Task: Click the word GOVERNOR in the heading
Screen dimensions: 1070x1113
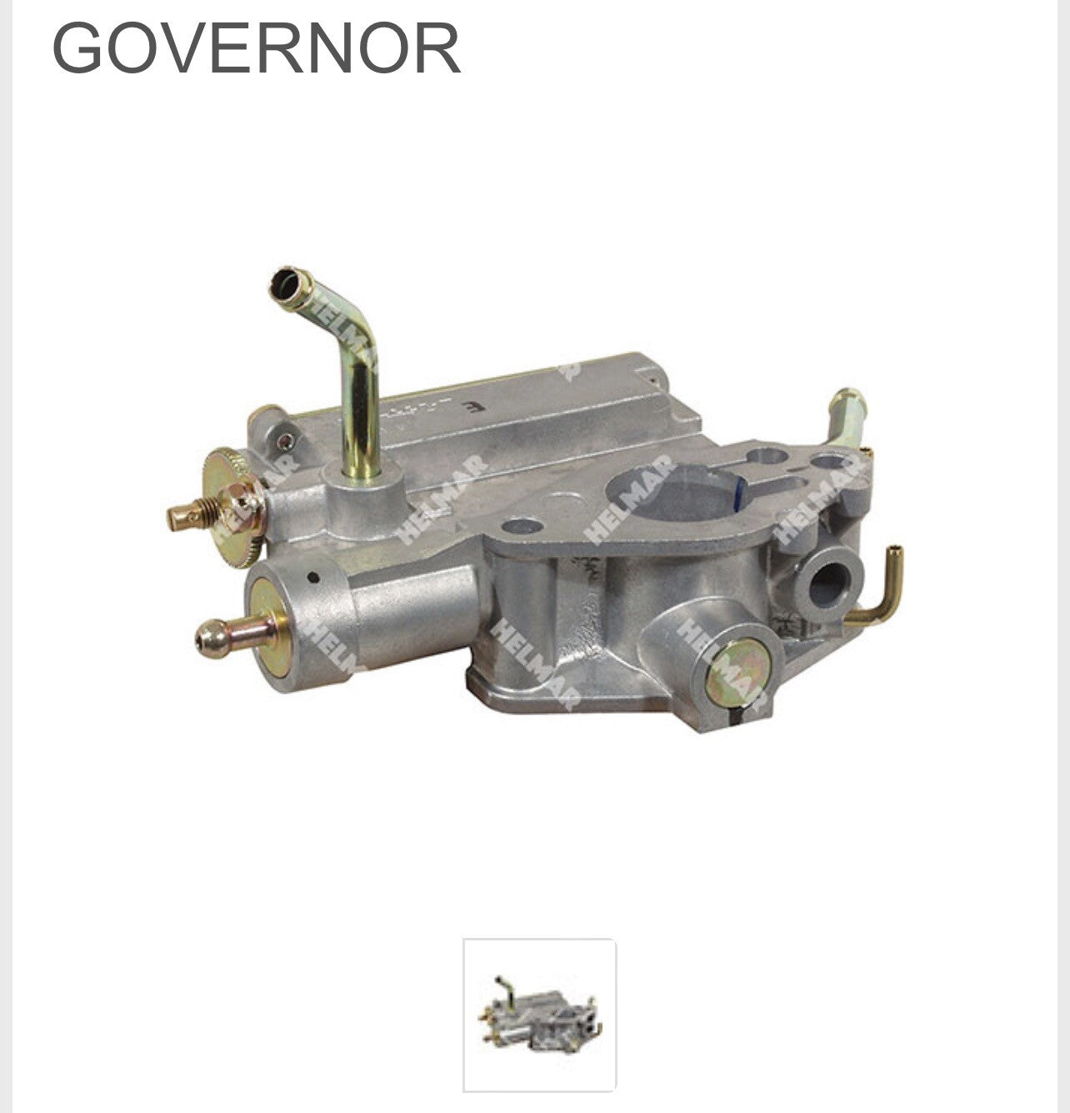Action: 257,48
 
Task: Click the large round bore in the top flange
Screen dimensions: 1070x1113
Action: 674,494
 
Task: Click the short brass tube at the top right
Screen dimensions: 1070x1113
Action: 847,415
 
